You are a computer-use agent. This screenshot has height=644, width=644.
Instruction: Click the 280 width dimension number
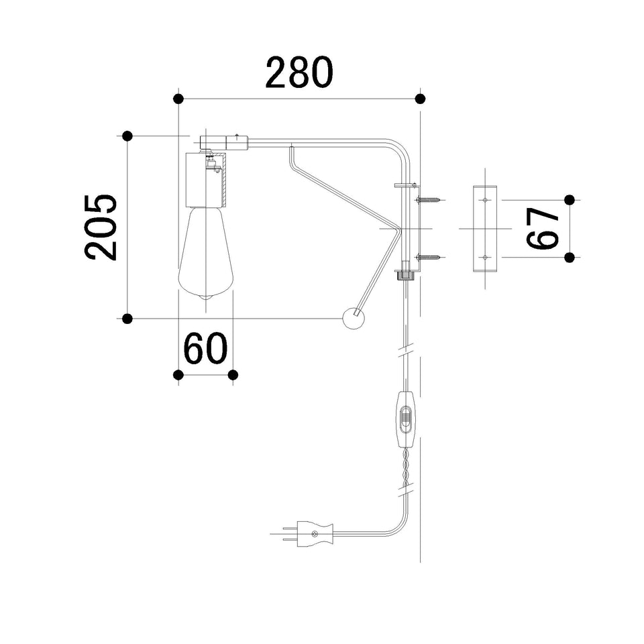pyautogui.click(x=299, y=72)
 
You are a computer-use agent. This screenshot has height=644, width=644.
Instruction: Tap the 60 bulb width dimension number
pyautogui.click(x=205, y=348)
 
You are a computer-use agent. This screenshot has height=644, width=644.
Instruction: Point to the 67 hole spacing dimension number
pyautogui.click(x=543, y=228)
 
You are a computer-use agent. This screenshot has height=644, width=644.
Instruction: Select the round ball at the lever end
pyautogui.click(x=354, y=318)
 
